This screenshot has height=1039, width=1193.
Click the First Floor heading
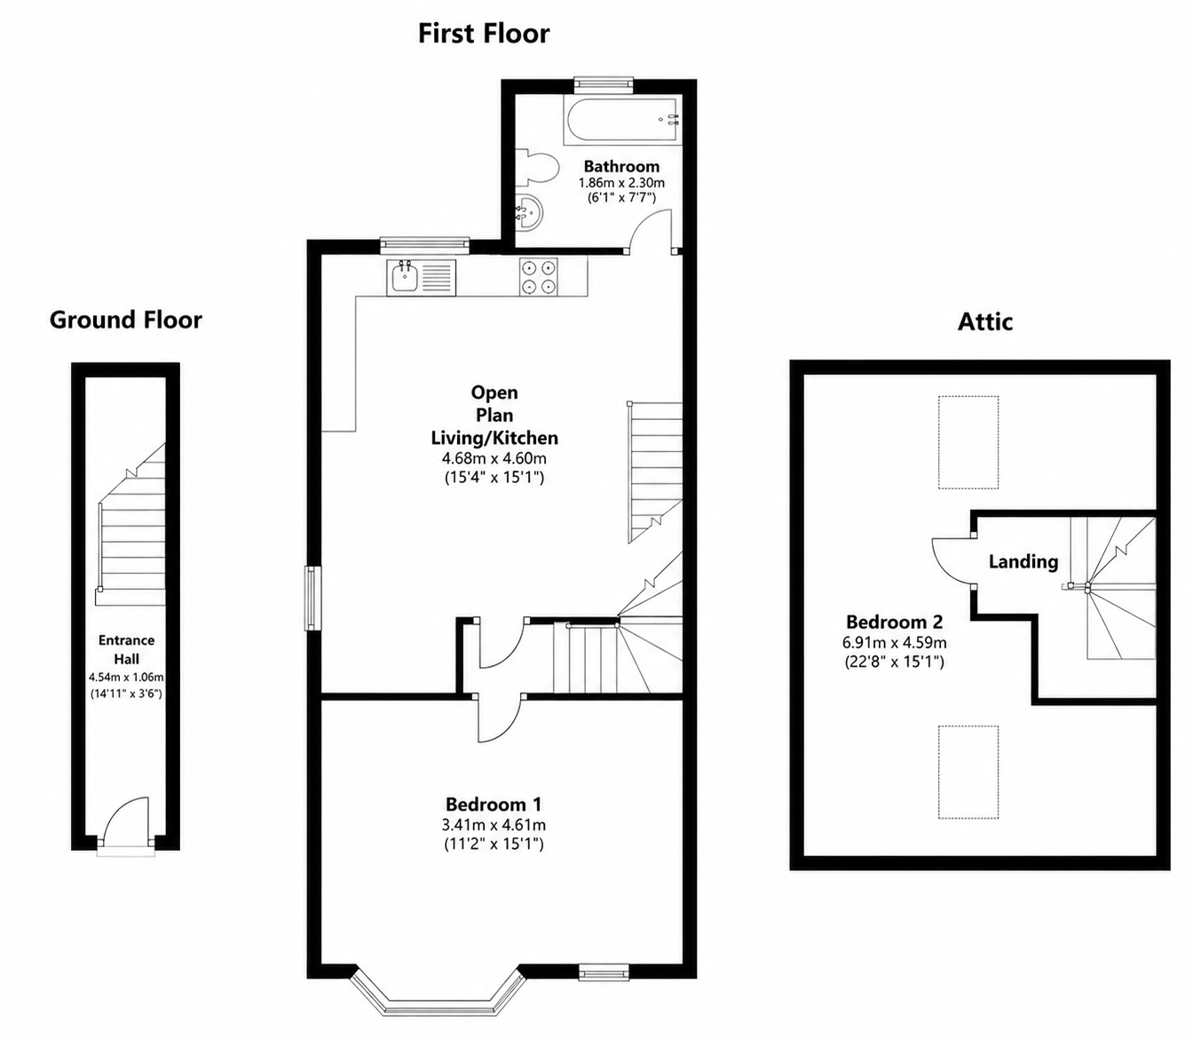[484, 34]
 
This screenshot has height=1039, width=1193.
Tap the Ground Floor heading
[125, 320]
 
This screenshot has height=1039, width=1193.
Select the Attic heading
[984, 321]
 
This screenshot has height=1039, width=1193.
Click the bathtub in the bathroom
[622, 121]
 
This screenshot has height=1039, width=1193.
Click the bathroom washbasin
[530, 210]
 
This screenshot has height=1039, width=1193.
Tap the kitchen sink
[421, 278]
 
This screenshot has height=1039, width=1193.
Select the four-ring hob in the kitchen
[538, 276]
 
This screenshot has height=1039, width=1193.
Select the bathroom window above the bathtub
[604, 85]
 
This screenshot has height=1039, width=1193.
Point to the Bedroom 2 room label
[895, 622]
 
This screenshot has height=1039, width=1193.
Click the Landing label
[1023, 562]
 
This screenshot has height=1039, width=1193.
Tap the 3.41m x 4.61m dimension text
[494, 825]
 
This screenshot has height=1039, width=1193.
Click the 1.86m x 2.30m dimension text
[621, 183]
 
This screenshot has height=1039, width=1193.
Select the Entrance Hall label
[127, 649]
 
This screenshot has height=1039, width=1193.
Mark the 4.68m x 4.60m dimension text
[494, 458]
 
